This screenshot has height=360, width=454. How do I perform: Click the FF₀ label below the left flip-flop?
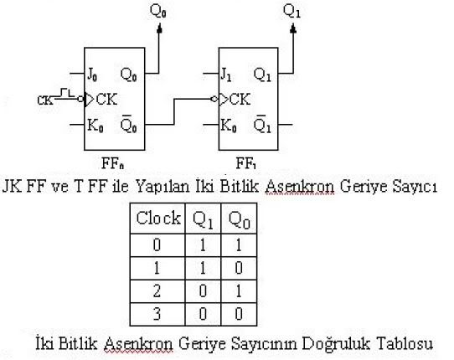click(x=113, y=163)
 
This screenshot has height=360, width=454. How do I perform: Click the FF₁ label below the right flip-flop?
click(x=246, y=163)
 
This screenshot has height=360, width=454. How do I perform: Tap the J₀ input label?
click(x=92, y=75)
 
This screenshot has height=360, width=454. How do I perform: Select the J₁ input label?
click(x=226, y=75)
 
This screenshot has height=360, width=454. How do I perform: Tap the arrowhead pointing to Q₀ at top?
click(x=159, y=28)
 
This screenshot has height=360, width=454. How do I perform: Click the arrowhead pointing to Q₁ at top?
click(x=293, y=28)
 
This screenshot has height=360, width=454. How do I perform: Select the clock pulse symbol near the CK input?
click(x=66, y=93)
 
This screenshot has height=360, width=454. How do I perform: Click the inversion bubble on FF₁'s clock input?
click(x=214, y=100)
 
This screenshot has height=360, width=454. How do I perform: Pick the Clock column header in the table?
click(x=158, y=218)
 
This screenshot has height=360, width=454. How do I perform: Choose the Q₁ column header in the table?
click(x=203, y=220)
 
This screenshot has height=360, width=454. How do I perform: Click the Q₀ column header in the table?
click(x=239, y=220)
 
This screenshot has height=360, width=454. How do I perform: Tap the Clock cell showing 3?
click(x=157, y=314)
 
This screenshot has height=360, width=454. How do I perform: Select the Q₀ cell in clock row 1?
click(x=239, y=268)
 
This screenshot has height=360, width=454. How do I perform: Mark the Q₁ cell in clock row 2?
click(x=203, y=291)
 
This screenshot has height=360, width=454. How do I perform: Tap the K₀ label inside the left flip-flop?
click(x=95, y=126)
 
